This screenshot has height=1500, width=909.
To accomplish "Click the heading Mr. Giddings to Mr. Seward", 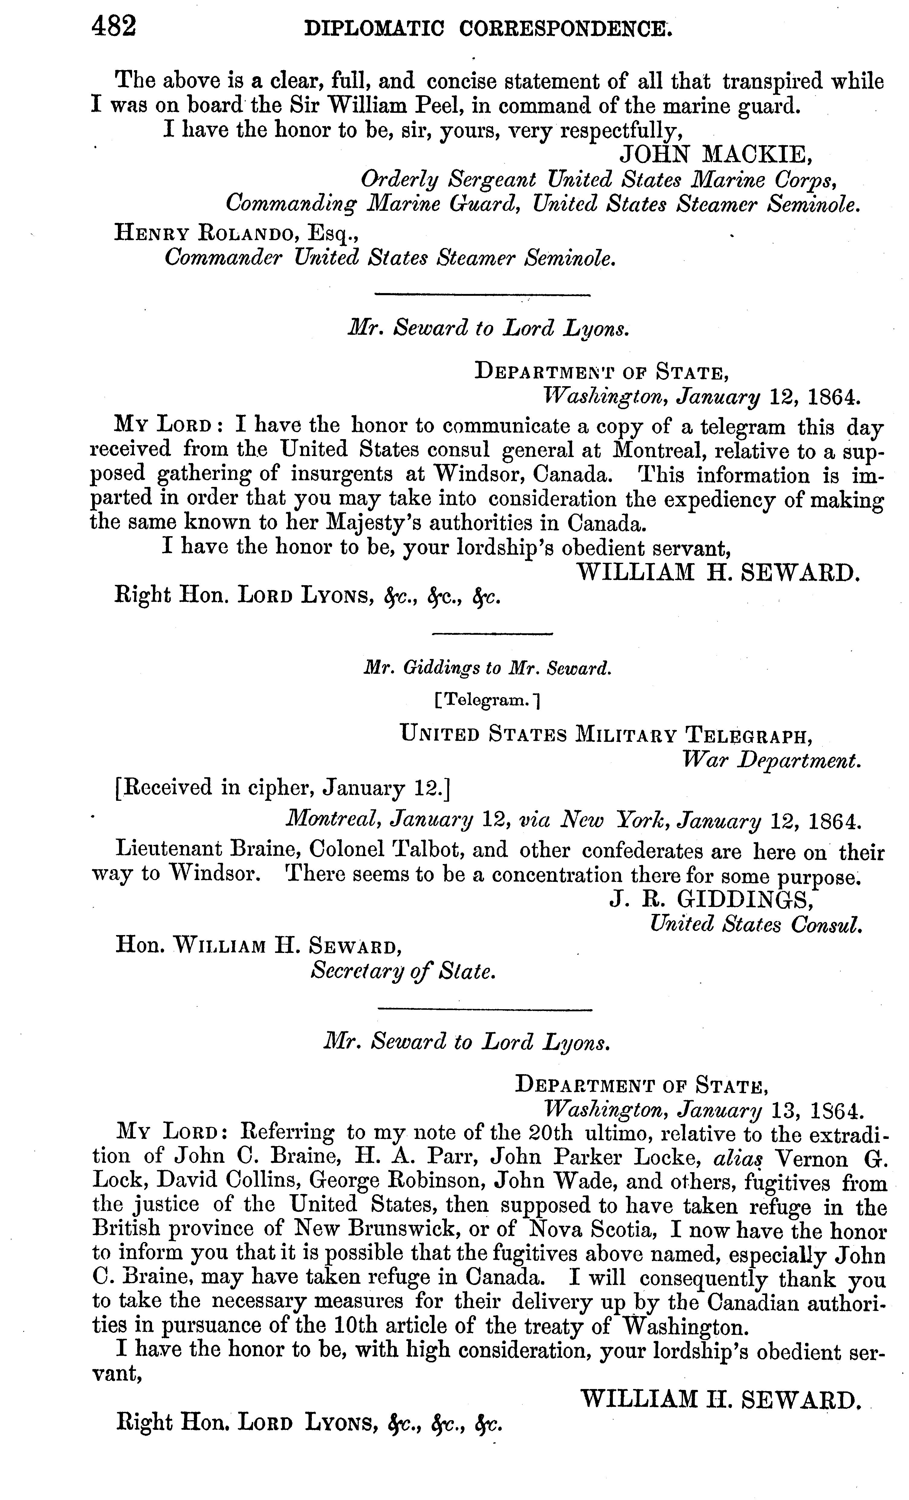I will click(x=487, y=668).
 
